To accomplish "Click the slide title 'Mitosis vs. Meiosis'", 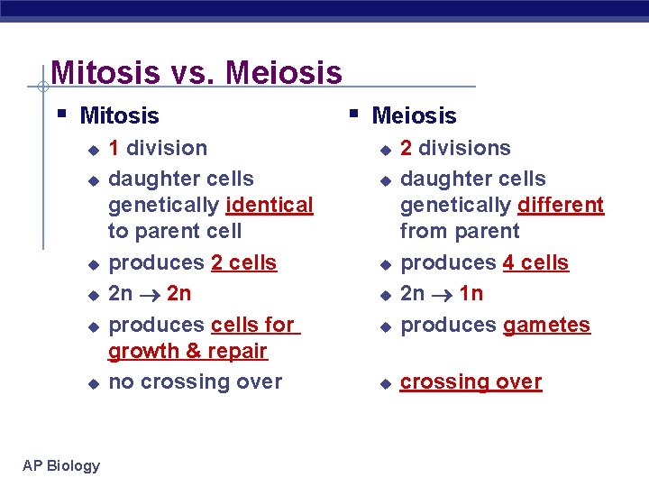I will click(x=197, y=72).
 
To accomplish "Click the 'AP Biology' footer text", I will click(x=61, y=465).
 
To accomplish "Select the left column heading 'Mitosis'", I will click(x=119, y=115).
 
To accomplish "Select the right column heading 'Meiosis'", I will click(x=414, y=115).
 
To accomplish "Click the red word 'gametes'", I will click(x=546, y=325).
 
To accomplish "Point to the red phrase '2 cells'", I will click(x=243, y=262).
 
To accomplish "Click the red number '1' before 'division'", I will click(x=114, y=148).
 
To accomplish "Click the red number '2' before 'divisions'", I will click(x=407, y=148).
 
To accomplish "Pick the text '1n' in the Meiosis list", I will click(x=471, y=293).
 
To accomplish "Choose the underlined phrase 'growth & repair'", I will click(x=187, y=350).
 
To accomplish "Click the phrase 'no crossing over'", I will click(x=195, y=381).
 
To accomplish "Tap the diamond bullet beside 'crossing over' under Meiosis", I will click(x=383, y=383).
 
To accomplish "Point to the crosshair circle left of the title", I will click(x=42, y=87).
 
